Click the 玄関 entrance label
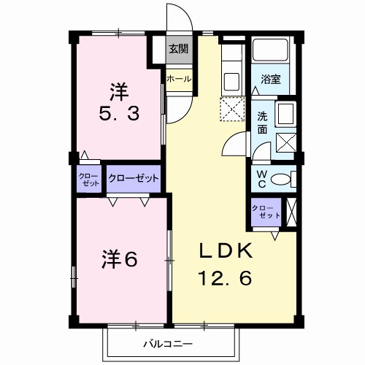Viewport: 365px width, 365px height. click(179, 49)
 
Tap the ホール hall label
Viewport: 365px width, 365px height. click(179, 79)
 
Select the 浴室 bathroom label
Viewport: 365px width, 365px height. click(272, 79)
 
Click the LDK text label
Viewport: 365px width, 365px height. click(227, 252)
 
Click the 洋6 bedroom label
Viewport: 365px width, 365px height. click(120, 259)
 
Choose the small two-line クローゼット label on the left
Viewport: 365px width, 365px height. click(90, 180)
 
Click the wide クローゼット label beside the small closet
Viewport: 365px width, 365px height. click(134, 178)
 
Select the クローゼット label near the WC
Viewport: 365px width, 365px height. click(265, 212)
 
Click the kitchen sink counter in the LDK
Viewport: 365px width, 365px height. click(232, 80)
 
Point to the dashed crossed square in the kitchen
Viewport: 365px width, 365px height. click(232, 111)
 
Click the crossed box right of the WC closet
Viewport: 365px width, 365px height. click(292, 212)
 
